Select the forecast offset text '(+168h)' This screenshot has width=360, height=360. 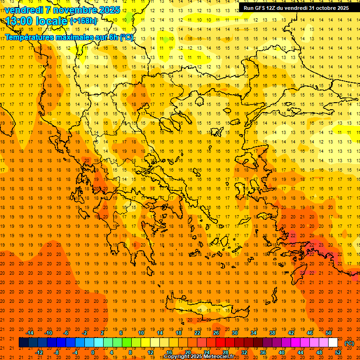pos(84,21)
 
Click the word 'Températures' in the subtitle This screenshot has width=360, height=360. pos(29,37)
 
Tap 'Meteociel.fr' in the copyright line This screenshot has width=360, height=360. pos(219,357)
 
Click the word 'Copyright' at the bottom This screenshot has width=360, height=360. pos(177,357)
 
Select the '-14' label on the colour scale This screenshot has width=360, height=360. pos(30,333)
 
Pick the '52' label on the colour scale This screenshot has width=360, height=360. pos(338,352)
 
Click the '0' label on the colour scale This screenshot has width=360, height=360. pos(93,352)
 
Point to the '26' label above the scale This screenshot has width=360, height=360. pos(216,333)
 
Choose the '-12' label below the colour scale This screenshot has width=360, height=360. pos(39,352)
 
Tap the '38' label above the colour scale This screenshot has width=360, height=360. pos(272,333)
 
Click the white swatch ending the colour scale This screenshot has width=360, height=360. pos(333,343)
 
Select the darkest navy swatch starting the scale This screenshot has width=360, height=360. pos(24,343)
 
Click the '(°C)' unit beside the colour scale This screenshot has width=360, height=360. pos(349,343)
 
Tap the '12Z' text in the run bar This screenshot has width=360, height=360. pos(273,8)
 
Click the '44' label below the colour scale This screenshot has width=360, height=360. pos(300,352)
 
